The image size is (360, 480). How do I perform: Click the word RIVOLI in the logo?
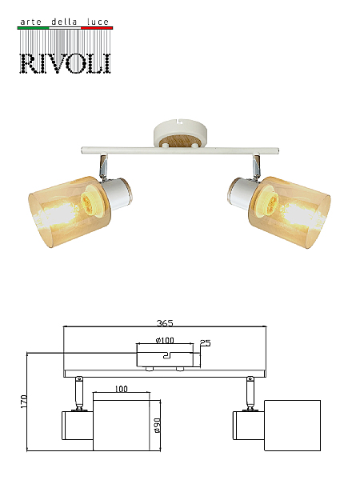[66, 63]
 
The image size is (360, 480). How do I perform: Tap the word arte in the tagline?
[30, 22]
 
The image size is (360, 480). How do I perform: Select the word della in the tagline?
[64, 22]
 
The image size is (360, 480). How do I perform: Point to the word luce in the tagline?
[98, 22]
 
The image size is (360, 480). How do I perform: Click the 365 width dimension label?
[165, 323]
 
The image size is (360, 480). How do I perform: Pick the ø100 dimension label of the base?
[165, 340]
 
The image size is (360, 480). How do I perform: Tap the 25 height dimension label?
[205, 343]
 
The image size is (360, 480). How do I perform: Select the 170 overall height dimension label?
[23, 402]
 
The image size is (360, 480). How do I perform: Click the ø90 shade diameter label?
[158, 426]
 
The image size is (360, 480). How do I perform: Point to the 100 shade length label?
[122, 389]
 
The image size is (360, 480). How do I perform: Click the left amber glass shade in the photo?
[70, 211]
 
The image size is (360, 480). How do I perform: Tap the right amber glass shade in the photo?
[290, 212]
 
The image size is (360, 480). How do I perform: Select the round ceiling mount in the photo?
[180, 134]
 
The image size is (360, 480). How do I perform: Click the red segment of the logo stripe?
[97, 28]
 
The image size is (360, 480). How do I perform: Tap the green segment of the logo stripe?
[33, 28]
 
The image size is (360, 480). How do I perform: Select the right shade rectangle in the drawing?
[292, 426]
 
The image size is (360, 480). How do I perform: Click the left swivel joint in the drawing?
[79, 394]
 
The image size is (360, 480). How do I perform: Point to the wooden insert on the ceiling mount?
[180, 142]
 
